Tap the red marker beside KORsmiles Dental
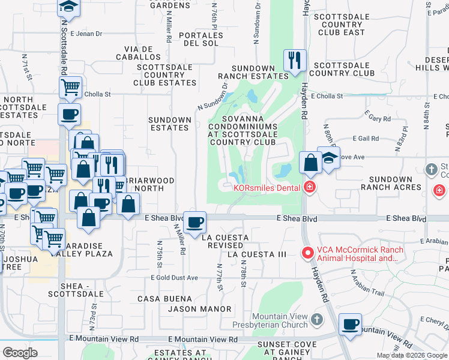pos(310,187)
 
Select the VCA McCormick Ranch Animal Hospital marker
pos(307,253)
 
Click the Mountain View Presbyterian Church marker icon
pos(318,321)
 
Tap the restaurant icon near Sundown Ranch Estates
pos(294,60)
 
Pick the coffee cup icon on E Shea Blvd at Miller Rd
pos(194,223)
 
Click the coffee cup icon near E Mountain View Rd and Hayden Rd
pos(351,325)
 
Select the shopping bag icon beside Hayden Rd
pos(310,162)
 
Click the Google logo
pos(20,352)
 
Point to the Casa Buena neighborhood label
pos(164,299)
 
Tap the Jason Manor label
pos(199,309)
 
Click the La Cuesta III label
pos(257,254)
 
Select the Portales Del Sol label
pos(203,39)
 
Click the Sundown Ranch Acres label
pos(391,183)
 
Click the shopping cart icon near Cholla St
pos(71,87)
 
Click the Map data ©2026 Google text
pos(411,355)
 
